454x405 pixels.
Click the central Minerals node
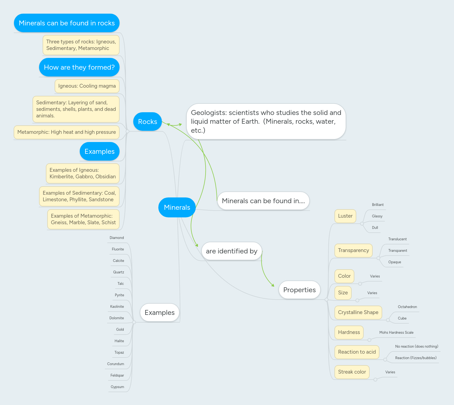tap(177, 207)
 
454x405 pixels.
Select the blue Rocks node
tap(147, 122)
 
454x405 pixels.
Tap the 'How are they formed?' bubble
tap(79, 67)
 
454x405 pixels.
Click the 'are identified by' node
tap(232, 251)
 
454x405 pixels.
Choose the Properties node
tap(299, 290)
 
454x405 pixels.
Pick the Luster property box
tap(345, 216)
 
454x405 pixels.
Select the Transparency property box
tap(353, 250)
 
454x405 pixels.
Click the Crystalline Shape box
tap(358, 312)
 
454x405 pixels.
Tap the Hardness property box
tap(349, 332)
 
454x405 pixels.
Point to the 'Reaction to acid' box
tap(357, 352)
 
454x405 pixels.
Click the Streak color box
tap(352, 372)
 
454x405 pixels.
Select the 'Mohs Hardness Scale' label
tap(396, 333)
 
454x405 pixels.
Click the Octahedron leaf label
tap(407, 307)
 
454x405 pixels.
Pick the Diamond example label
tap(117, 238)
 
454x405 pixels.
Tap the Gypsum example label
tap(117, 387)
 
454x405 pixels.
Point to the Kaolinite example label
tap(117, 307)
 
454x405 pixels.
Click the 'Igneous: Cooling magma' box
tap(87, 86)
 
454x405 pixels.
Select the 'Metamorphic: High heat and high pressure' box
tap(67, 132)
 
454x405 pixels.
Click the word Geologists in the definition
tap(209, 113)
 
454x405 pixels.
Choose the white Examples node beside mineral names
tap(159, 313)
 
